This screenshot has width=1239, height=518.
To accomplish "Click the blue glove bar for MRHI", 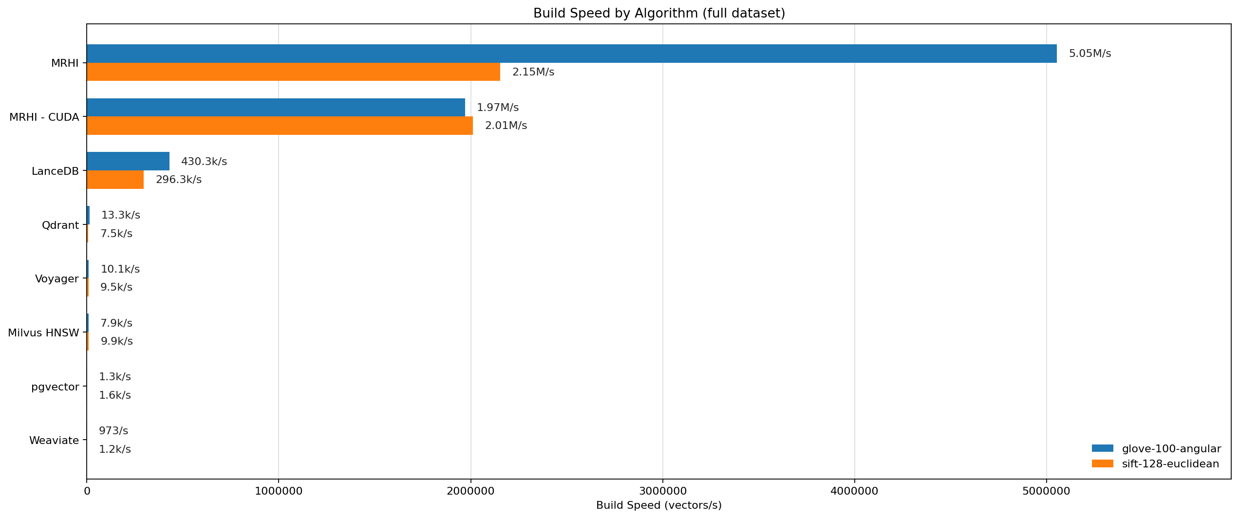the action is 572,54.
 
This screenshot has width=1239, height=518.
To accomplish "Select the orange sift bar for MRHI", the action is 294,72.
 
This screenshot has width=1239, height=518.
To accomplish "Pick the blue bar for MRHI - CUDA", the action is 276,108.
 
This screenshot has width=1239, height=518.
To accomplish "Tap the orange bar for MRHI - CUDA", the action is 280,126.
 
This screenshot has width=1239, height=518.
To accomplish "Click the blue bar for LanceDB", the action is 128,162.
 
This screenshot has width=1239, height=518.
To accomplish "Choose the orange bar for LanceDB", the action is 115,180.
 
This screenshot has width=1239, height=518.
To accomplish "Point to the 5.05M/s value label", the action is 1090,54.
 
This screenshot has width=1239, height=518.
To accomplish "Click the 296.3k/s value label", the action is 179,180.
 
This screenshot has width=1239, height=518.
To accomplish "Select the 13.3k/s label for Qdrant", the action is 121,215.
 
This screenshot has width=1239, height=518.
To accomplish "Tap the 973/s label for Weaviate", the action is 113,431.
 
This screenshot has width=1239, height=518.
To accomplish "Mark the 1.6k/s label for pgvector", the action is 115,395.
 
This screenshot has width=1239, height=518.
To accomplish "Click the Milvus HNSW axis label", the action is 43,333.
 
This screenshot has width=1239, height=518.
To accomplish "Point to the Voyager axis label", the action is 57,279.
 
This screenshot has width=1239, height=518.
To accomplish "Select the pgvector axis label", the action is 55,388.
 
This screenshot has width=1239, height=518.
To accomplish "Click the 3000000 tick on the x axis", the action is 663,491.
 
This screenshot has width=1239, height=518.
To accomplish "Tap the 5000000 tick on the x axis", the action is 1047,491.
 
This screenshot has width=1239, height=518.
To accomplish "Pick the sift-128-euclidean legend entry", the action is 1156,464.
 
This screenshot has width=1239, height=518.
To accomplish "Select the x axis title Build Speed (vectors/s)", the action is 659,505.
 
